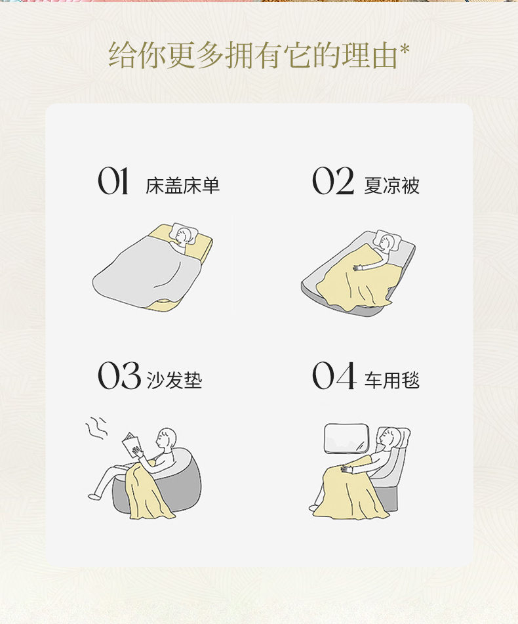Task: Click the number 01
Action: [x=113, y=181]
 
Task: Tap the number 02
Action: [x=333, y=181]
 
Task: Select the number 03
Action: [x=119, y=375]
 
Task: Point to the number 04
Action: [x=334, y=375]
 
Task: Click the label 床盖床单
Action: [x=183, y=186]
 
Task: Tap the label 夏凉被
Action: [x=392, y=186]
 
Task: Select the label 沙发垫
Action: [x=174, y=380]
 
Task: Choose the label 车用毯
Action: [x=392, y=380]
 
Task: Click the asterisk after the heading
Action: [x=405, y=51]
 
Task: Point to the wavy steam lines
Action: [x=96, y=427]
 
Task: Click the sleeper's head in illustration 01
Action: [x=184, y=235]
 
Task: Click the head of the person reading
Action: [x=167, y=438]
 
